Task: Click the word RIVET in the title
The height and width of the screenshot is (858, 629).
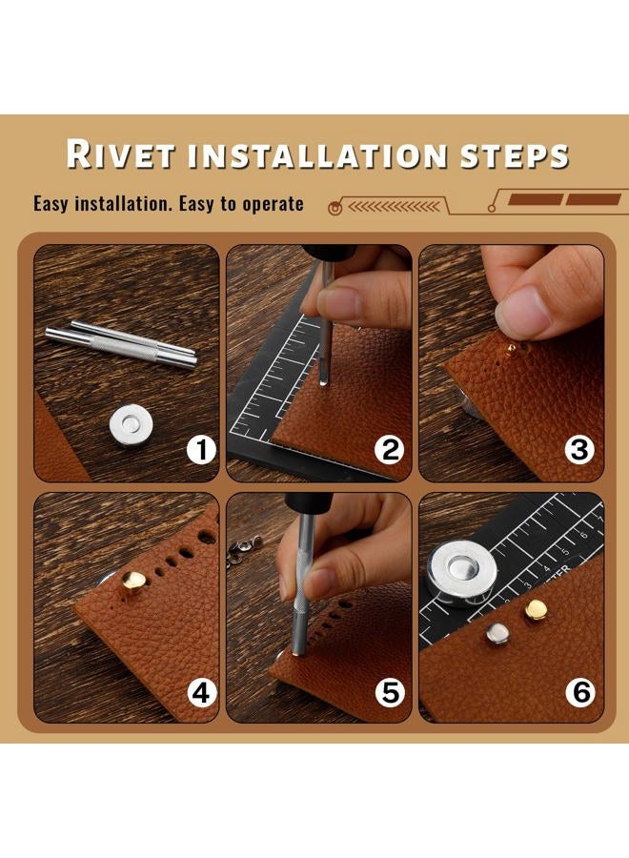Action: (121, 154)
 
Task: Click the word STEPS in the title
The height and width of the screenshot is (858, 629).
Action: (515, 156)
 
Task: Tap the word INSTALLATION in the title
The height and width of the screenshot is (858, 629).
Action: (318, 156)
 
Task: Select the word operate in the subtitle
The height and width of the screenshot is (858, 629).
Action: (273, 204)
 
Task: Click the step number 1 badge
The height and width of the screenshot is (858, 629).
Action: (201, 450)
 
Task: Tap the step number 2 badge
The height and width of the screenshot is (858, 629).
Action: (390, 450)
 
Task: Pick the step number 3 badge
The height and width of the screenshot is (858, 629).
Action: (579, 450)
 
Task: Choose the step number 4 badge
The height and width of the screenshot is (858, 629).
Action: (201, 693)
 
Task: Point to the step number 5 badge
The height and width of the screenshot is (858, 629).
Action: (390, 693)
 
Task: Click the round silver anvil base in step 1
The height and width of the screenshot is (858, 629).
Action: (132, 424)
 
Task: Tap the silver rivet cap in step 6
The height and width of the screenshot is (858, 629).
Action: (497, 635)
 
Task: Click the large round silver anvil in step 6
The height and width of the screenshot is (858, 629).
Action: (462, 573)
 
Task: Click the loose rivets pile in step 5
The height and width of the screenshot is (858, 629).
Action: (242, 550)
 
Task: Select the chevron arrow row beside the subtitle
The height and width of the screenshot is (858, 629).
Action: (394, 207)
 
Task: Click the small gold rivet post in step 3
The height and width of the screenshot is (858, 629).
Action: (511, 350)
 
